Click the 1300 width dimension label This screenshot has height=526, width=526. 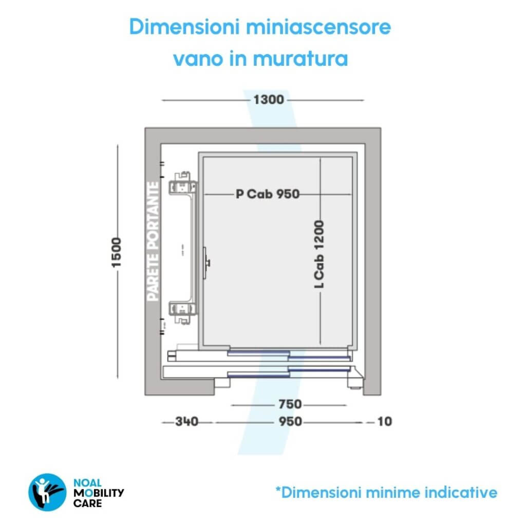click(268, 100)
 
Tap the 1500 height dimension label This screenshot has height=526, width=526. click(118, 252)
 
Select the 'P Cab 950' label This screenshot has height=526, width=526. click(267, 194)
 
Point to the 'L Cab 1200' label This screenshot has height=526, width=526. click(320, 254)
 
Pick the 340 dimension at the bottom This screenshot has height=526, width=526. click(187, 422)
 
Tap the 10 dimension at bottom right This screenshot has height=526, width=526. click(385, 422)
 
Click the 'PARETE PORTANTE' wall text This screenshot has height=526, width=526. click(153, 241)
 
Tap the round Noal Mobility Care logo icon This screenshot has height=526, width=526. click(46, 491)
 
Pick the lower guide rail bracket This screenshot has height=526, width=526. click(183, 311)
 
